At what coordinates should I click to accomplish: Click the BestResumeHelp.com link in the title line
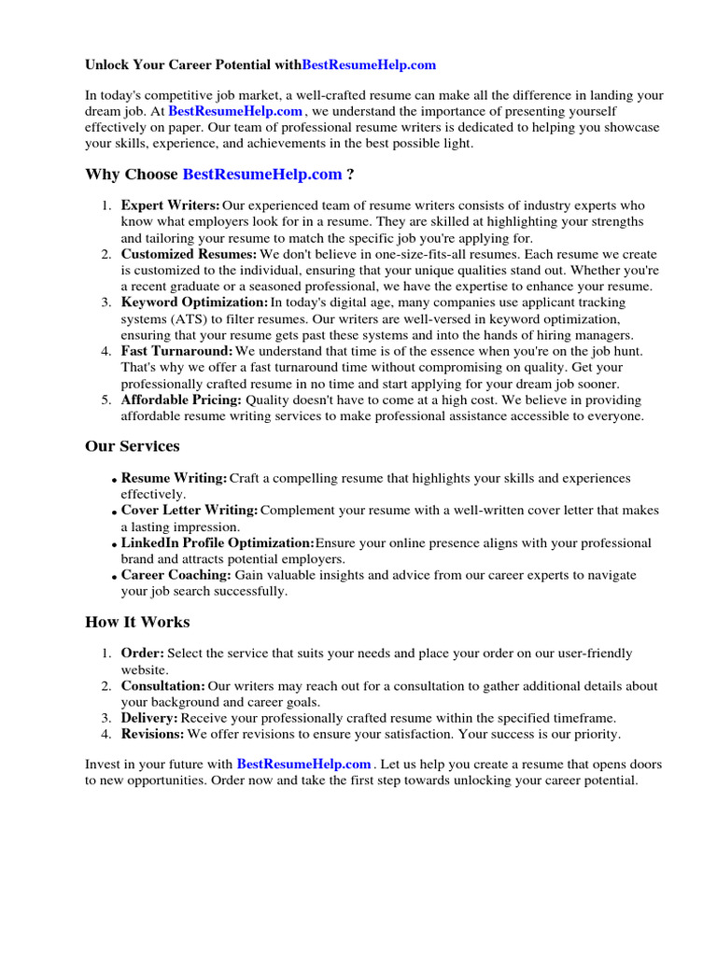tap(369, 65)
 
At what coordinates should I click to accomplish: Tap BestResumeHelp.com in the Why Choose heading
tap(261, 175)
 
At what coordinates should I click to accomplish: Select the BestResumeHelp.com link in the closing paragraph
tap(303, 764)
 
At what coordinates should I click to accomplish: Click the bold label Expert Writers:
tap(170, 205)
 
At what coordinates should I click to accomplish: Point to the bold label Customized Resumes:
tap(189, 254)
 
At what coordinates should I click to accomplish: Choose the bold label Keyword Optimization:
tap(194, 302)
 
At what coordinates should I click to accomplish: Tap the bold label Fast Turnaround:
tap(176, 351)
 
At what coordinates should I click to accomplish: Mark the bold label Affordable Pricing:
tap(181, 400)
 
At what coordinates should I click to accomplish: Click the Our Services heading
tap(133, 446)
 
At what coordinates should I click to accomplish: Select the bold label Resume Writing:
tap(174, 478)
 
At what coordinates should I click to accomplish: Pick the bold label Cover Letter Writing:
tap(190, 511)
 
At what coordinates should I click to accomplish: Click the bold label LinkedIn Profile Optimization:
tap(218, 543)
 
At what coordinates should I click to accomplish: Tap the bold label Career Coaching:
tap(176, 575)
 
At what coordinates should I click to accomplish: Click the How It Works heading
tap(137, 622)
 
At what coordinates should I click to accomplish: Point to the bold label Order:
tap(142, 654)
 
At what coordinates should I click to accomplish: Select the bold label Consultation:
tap(162, 686)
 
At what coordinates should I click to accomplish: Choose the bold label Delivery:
tap(149, 718)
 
